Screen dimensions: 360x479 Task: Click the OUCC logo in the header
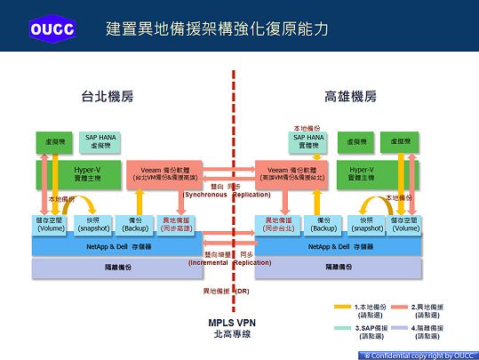point(52,28)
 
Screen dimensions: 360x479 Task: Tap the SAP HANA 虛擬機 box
point(102,141)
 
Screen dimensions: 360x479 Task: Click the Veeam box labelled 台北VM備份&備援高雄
point(165,172)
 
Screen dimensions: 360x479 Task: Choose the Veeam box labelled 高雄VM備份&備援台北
point(292,172)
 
